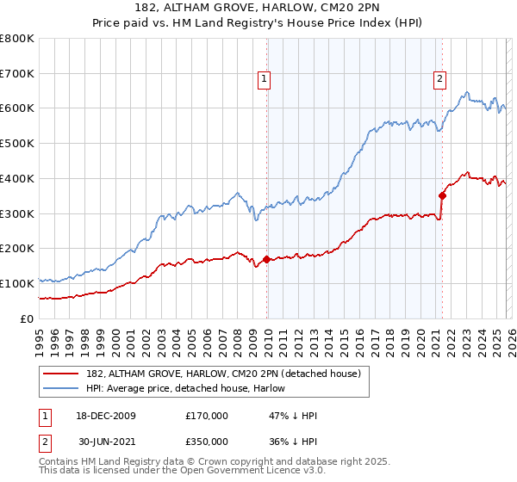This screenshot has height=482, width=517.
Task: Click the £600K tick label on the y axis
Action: coord(17,108)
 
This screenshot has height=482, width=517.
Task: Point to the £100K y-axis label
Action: coord(17,283)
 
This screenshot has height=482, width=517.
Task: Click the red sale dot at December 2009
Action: coord(266,258)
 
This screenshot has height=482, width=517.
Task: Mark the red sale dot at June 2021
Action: coord(442,195)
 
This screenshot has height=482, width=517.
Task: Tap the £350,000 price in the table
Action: coord(207,440)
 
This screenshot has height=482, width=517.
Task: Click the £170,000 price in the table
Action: coord(207,416)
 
